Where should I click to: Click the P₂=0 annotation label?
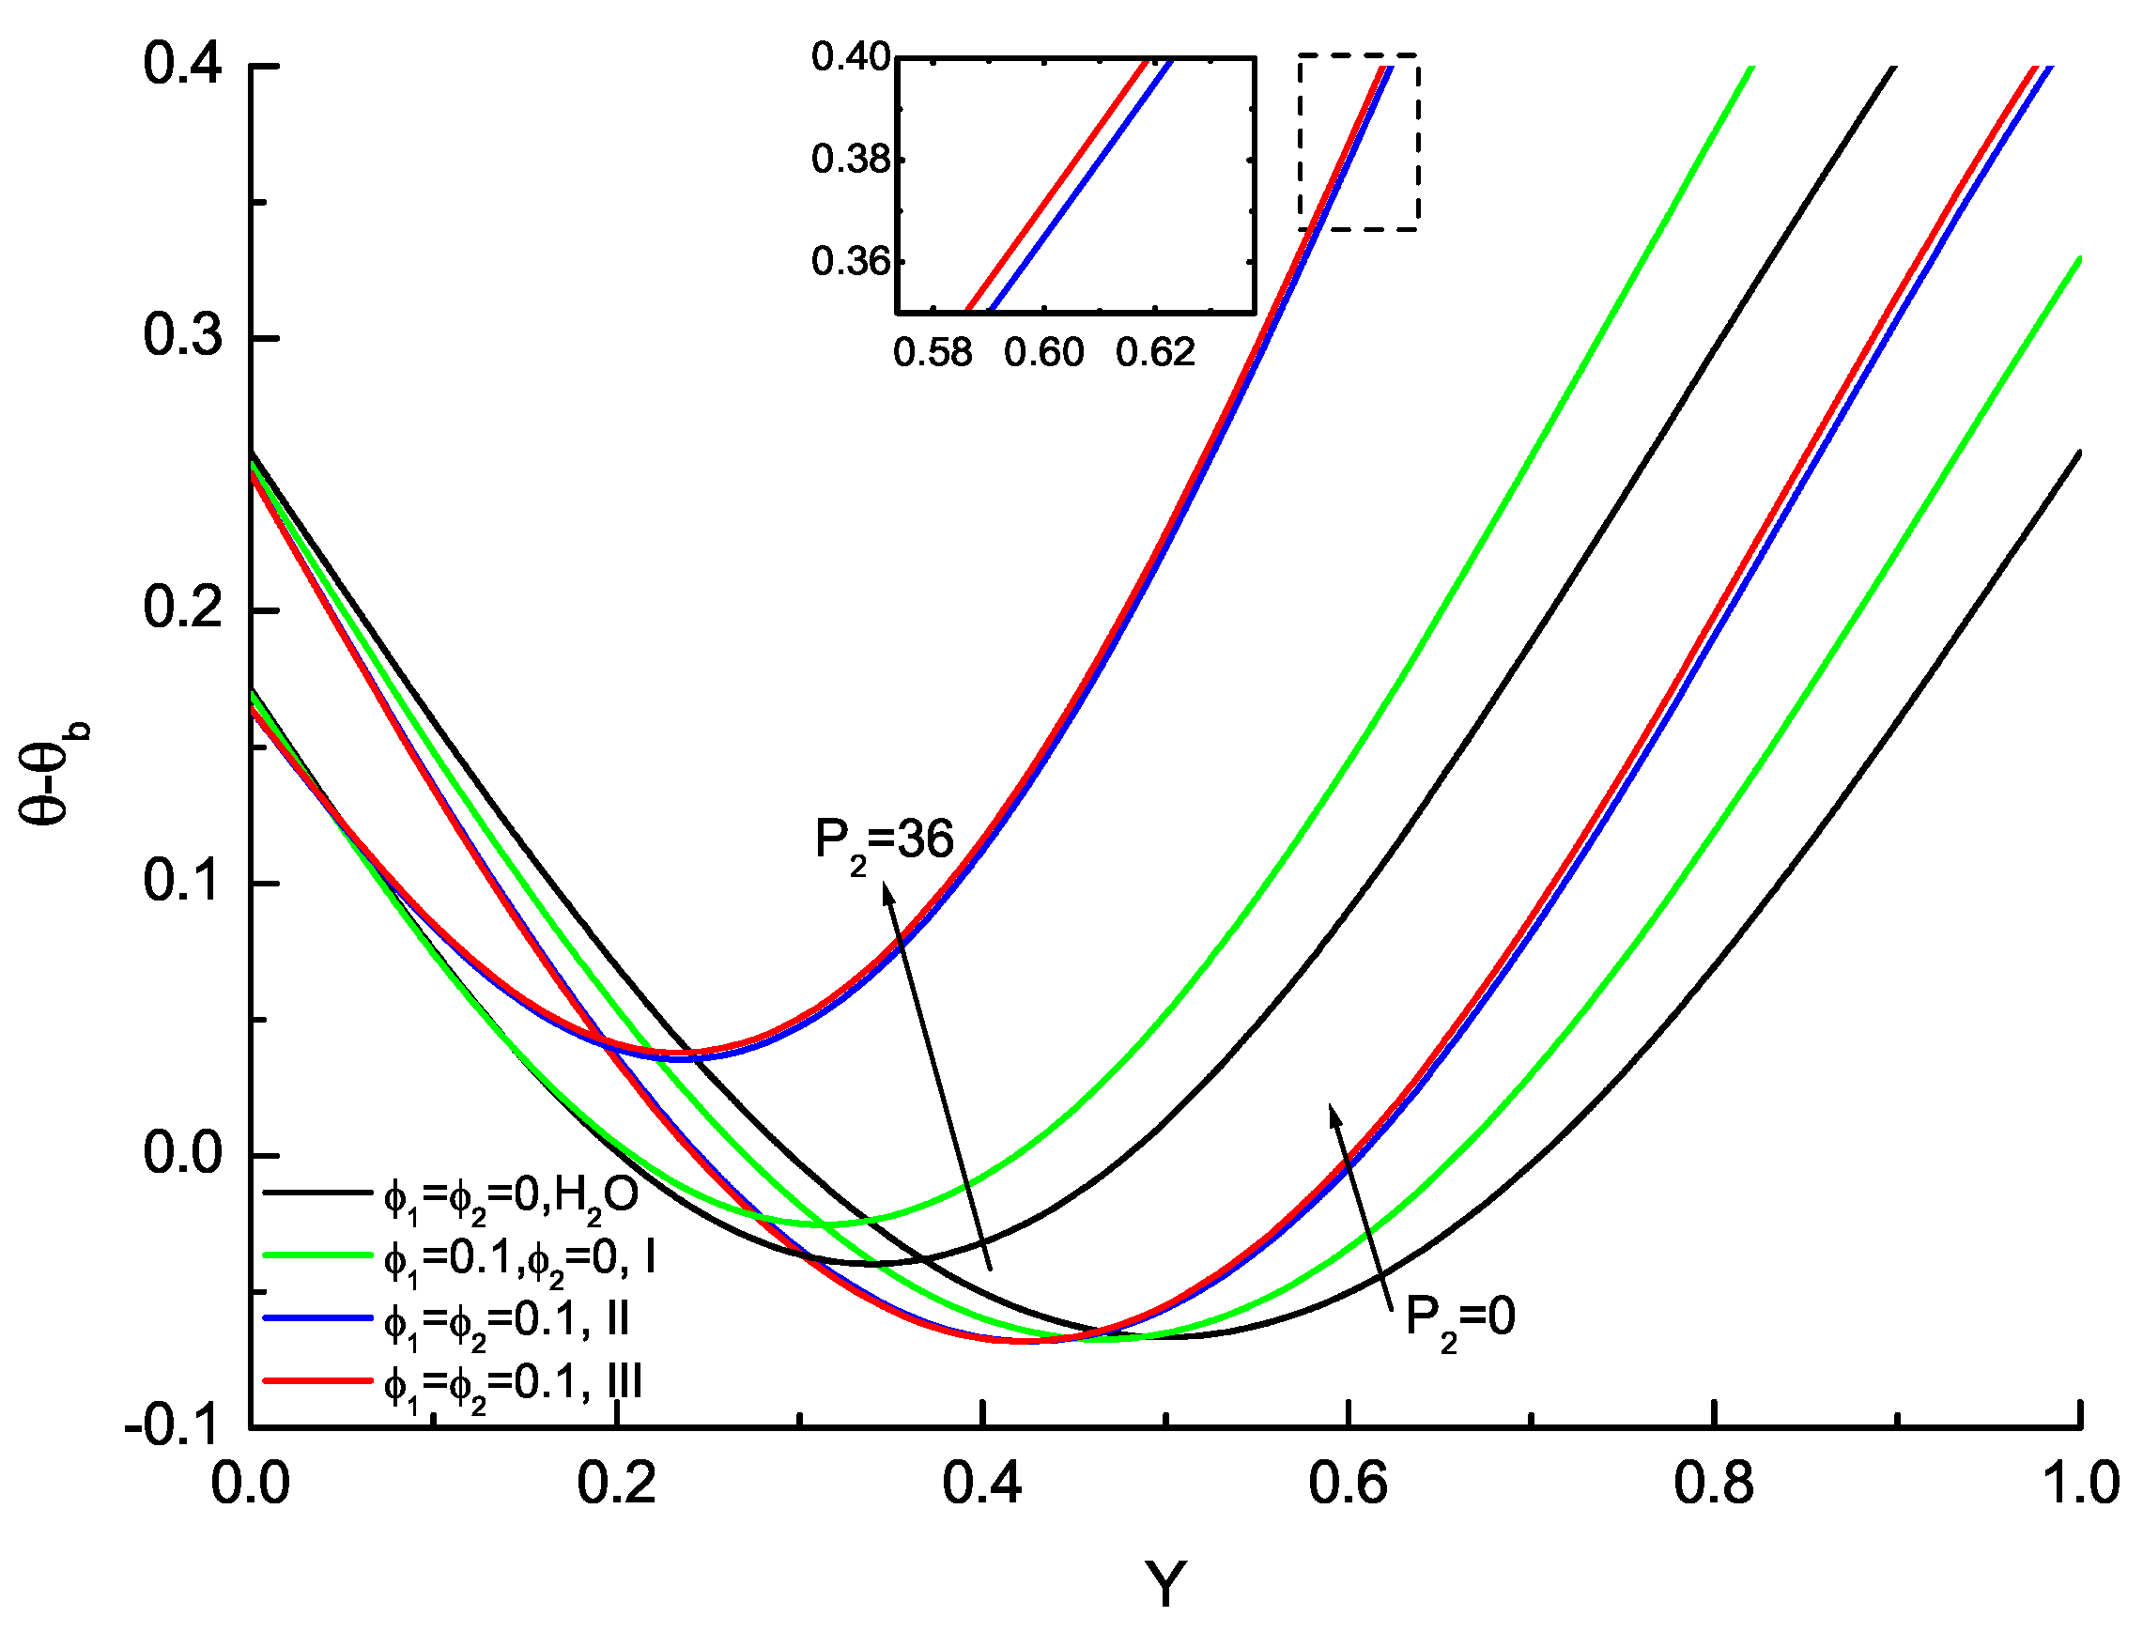point(1459,1319)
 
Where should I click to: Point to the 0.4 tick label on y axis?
point(181,65)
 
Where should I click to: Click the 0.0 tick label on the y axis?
point(181,1154)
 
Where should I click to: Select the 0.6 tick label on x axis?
point(1348,1485)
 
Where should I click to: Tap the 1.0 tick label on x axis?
point(2080,1485)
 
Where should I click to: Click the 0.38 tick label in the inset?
point(850,160)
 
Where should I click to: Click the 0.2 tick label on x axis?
point(616,1485)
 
